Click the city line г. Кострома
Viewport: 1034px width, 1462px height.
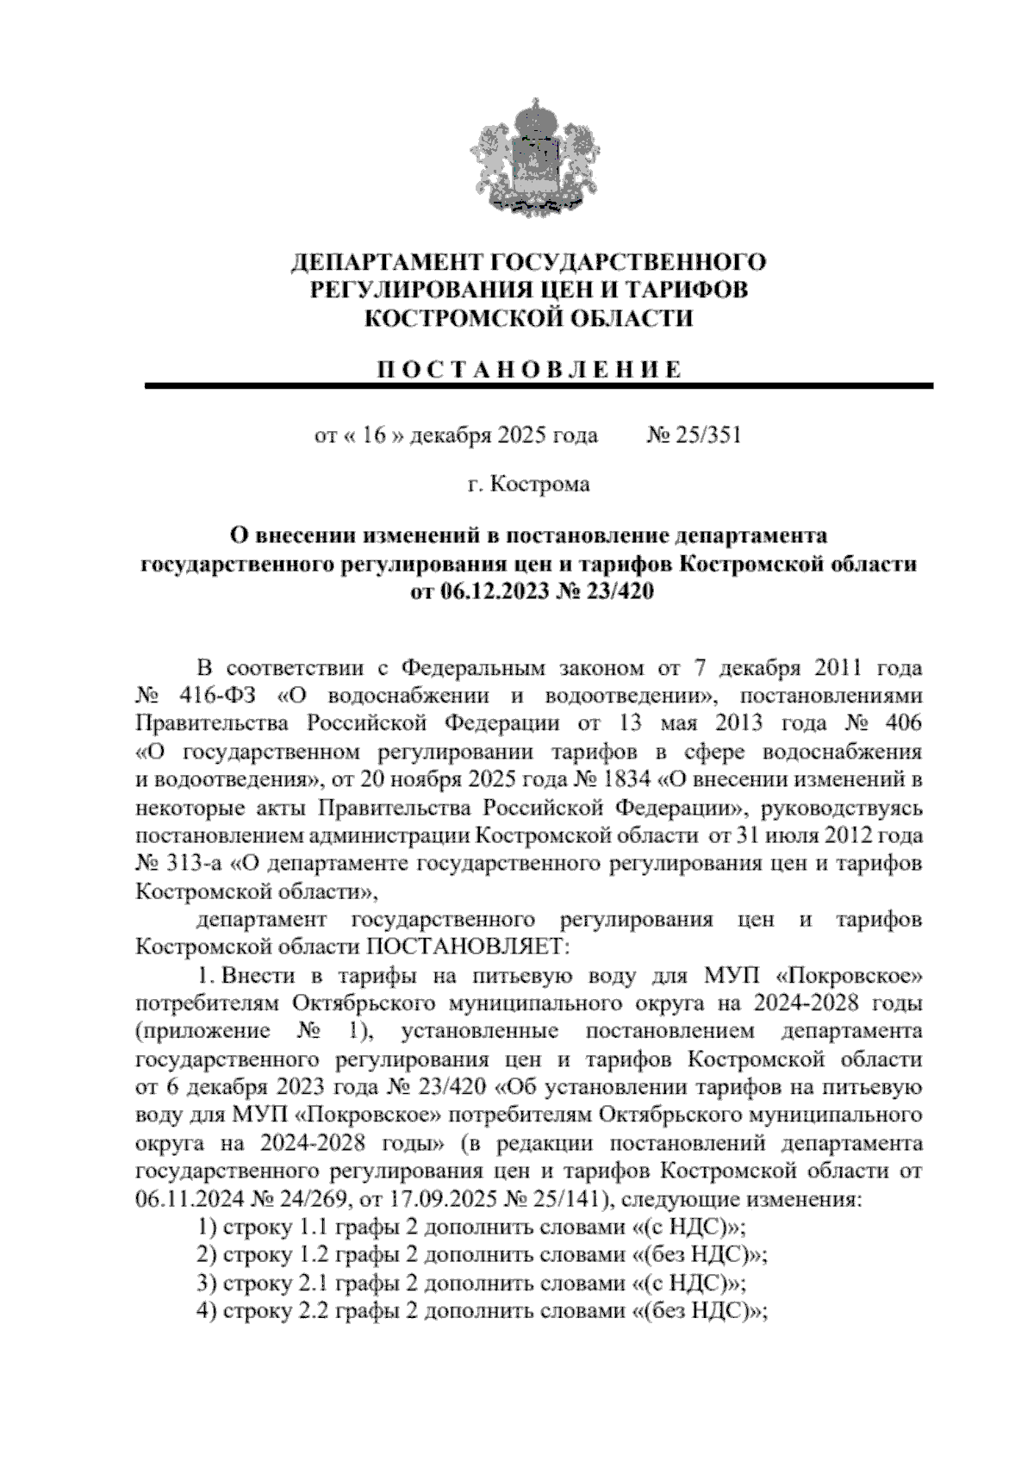[528, 484]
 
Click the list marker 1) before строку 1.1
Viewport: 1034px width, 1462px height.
[207, 1227]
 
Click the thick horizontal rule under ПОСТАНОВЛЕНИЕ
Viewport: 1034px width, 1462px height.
[539, 385]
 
